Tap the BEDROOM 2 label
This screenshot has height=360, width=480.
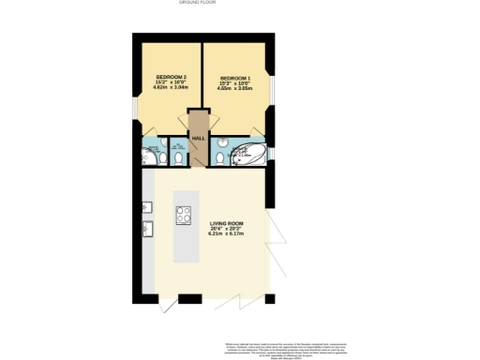(x=172, y=77)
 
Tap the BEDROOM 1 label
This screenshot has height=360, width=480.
(x=236, y=77)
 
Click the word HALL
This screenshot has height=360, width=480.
(x=199, y=139)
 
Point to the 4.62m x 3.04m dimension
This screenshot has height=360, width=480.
(x=172, y=88)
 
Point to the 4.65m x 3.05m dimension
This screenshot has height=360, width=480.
(x=236, y=88)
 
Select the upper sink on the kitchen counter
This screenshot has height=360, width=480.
(x=147, y=207)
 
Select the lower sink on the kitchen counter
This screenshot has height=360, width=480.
(x=147, y=228)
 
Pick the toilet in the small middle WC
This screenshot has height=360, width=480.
(x=178, y=157)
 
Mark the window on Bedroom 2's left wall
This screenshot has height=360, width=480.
(x=134, y=109)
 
